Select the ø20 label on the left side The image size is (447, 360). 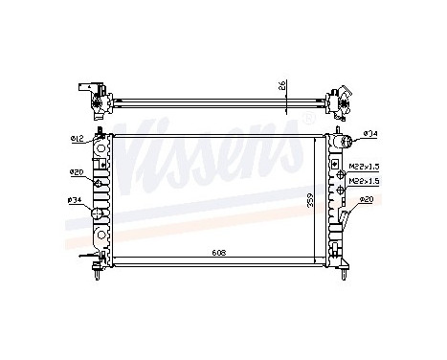click(x=76, y=172)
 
